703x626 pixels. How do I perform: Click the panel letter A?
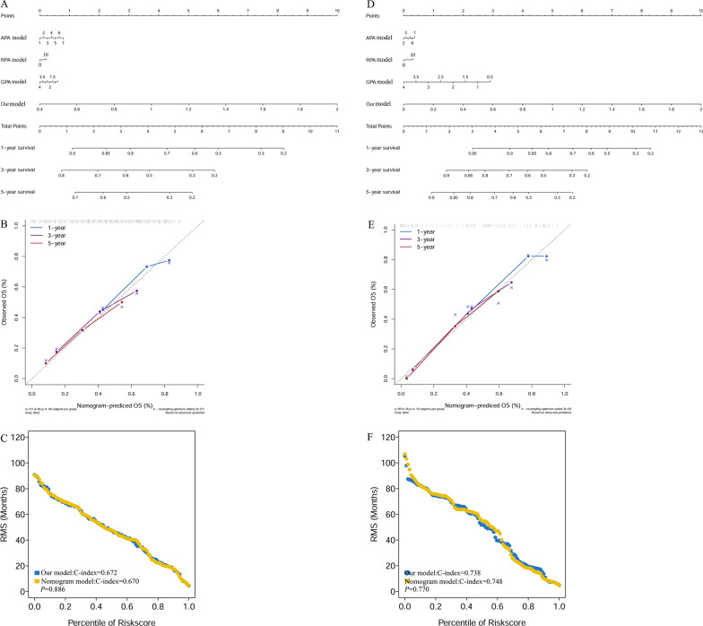[x=4, y=4]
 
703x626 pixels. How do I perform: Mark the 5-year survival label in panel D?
[x=378, y=192]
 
